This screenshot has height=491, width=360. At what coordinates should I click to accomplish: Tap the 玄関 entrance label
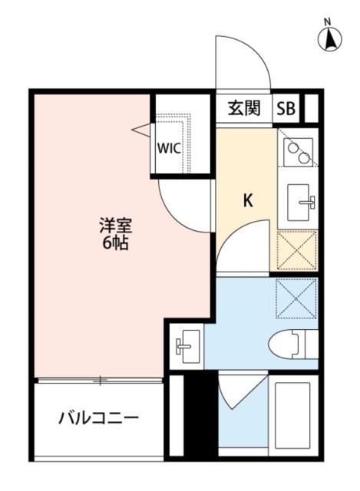click(244, 108)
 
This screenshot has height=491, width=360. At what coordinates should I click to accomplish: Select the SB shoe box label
click(286, 108)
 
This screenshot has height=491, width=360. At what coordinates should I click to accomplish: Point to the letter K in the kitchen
click(248, 201)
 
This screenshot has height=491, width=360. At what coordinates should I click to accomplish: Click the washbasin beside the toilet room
click(187, 348)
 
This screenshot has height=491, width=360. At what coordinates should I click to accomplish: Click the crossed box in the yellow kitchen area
click(296, 249)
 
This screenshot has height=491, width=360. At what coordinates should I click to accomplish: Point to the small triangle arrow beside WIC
click(141, 130)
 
